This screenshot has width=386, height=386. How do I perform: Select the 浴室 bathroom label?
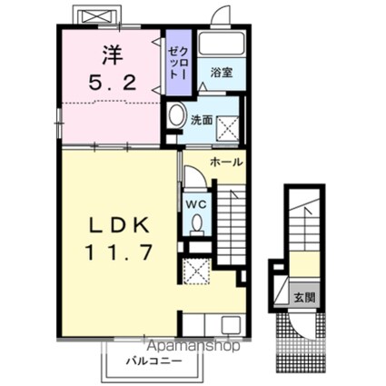coord(222,72)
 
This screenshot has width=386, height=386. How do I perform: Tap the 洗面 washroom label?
coord(202,119)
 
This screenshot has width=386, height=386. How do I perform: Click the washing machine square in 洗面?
coord(228,125)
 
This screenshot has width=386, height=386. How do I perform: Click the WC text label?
coord(194,203)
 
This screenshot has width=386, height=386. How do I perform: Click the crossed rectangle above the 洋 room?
coord(95,16)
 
